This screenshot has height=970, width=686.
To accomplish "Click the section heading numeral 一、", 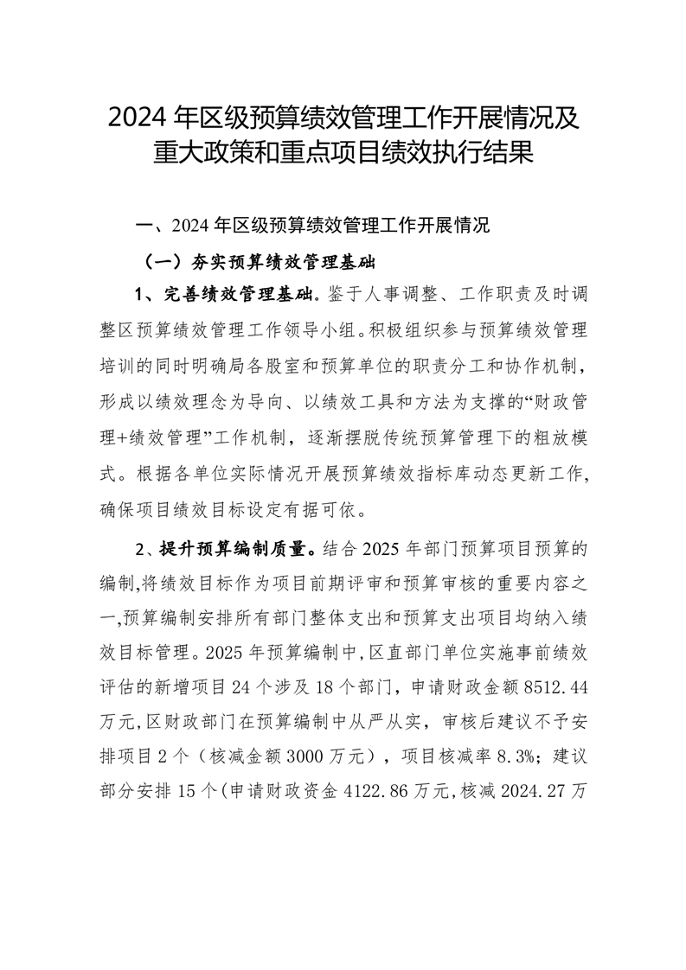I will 151,227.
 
